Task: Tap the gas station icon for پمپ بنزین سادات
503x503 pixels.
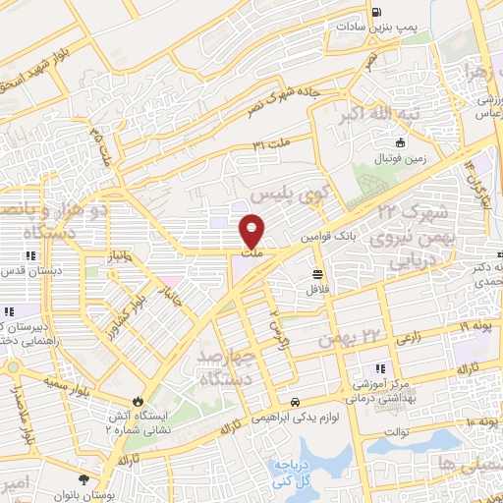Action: [x=376, y=13]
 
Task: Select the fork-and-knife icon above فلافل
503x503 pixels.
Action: [x=317, y=274]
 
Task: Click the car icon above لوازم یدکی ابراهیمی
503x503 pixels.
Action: [x=296, y=401]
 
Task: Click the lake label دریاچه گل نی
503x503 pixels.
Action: [x=290, y=475]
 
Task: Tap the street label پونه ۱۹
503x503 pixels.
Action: [x=475, y=325]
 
